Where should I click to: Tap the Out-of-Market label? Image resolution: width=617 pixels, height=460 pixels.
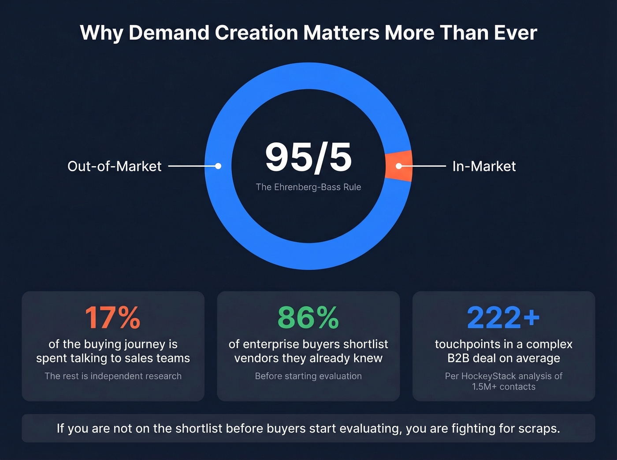(114, 166)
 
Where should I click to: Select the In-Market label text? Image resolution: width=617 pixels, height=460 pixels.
(484, 166)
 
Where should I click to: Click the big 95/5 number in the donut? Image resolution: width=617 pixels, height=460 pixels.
(308, 158)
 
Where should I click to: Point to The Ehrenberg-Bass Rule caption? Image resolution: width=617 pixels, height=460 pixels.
(308, 187)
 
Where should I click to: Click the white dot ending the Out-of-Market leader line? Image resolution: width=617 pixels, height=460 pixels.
(218, 166)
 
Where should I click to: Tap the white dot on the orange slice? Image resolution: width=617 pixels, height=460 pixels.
(398, 166)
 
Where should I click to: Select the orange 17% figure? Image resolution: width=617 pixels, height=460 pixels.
(113, 317)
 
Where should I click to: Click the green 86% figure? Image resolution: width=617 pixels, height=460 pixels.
(308, 317)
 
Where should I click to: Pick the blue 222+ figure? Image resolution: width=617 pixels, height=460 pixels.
(503, 317)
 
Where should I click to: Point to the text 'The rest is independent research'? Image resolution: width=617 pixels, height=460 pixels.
(113, 376)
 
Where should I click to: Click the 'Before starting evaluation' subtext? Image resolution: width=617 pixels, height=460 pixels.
(308, 376)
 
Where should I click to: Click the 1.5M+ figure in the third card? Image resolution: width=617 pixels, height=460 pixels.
(484, 386)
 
